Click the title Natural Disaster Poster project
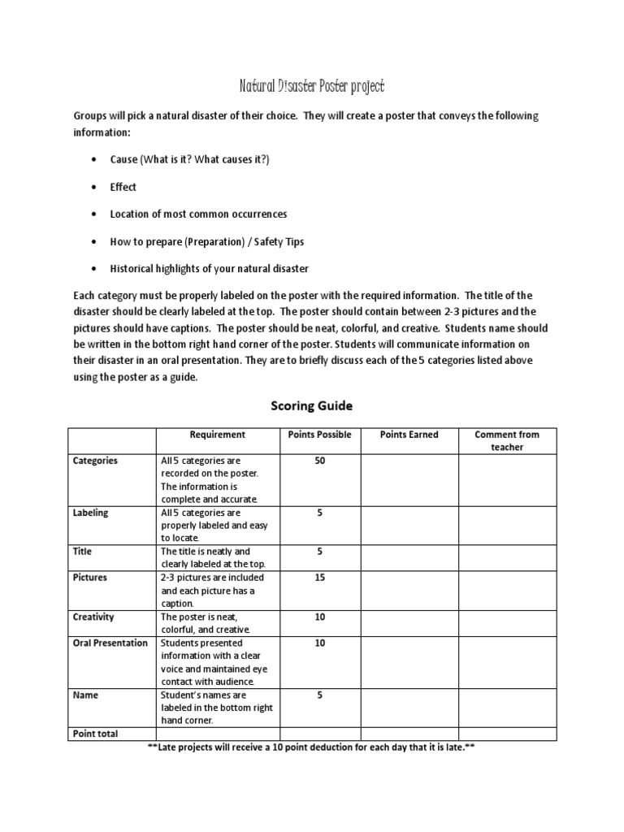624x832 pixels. tap(311, 85)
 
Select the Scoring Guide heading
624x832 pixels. tap(311, 405)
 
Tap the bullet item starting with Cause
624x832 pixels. tap(189, 159)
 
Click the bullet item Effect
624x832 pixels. tap(123, 187)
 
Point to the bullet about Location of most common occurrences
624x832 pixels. tap(198, 214)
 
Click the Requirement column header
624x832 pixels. tap(217, 435)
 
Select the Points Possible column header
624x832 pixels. tap(320, 435)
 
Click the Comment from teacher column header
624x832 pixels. tap(507, 440)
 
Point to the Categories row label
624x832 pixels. tap(95, 461)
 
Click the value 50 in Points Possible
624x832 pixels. tap(320, 461)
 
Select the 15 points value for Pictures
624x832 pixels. tap(320, 578)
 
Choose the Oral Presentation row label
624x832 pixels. tap(110, 643)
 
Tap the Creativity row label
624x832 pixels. tap(93, 617)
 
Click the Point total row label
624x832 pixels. tap(95, 734)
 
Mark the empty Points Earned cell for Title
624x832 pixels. tap(409, 557)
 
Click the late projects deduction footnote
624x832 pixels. tap(310, 747)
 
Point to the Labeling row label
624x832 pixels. tap(90, 513)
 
